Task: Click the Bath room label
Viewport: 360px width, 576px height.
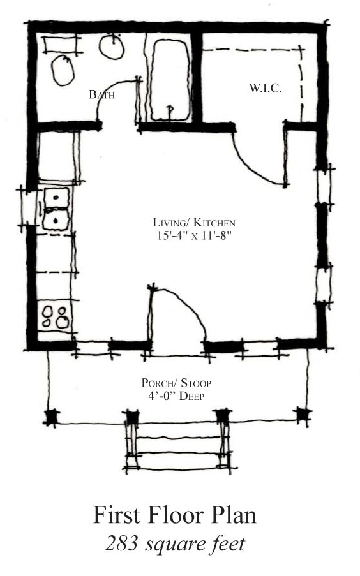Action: [x=102, y=95]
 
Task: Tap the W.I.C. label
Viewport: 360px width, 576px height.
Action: [x=266, y=88]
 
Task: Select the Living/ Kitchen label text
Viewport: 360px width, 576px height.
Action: [x=194, y=223]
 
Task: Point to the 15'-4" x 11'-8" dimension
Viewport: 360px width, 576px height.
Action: [x=194, y=235]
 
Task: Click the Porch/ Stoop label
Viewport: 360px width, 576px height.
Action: [x=177, y=383]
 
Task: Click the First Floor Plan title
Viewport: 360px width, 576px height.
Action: [x=175, y=515]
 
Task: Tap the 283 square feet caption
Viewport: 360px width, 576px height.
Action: [x=175, y=543]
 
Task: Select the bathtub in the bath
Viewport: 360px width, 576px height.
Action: [x=170, y=80]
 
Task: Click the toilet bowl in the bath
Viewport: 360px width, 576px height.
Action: [x=63, y=71]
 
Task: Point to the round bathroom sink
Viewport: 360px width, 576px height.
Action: [x=112, y=46]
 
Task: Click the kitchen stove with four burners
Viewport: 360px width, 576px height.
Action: [x=55, y=317]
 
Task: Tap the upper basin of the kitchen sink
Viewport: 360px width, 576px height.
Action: [x=56, y=198]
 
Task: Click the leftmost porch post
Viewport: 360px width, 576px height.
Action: [x=52, y=417]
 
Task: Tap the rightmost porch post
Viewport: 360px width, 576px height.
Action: [x=304, y=415]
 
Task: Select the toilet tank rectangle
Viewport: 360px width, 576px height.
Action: [x=61, y=45]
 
